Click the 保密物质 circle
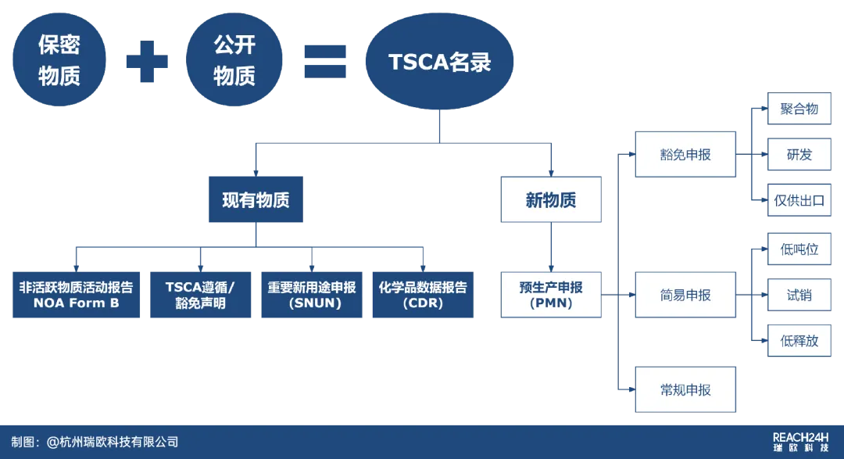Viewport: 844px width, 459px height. pos(59,59)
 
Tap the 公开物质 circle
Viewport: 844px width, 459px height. pos(234,59)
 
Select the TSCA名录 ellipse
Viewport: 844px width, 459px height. pos(439,61)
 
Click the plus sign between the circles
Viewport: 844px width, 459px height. pos(147,62)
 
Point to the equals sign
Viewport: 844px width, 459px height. pos(325,62)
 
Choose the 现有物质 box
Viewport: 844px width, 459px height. pos(256,199)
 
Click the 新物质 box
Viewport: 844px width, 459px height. pos(551,199)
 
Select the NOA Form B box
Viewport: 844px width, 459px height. pos(76,295)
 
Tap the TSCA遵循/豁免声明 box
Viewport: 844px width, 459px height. pos(200,295)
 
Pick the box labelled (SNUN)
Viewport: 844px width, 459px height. pos(312,295)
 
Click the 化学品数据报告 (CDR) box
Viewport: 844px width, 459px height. pos(423,295)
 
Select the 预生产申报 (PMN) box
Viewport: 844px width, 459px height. pos(551,295)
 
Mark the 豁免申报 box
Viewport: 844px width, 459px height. pos(685,154)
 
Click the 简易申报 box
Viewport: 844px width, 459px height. pos(685,295)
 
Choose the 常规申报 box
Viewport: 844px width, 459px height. pos(685,389)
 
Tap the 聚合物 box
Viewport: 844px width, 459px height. pos(799,108)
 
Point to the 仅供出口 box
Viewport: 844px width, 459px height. pos(799,200)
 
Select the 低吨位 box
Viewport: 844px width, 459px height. pos(799,249)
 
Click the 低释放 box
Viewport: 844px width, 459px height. pos(799,340)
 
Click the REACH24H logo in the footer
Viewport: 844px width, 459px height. pos(800,442)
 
